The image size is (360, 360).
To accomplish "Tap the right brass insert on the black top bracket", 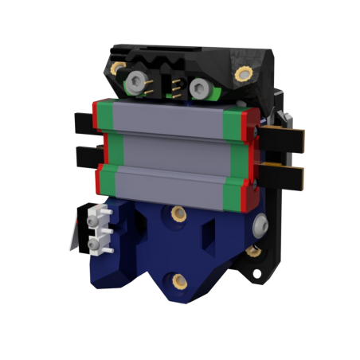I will point(241,73).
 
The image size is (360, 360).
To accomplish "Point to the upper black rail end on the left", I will point(83,120).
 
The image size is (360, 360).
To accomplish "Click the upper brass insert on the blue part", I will point(175,213).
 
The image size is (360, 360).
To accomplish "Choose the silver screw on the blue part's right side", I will point(259,227).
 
